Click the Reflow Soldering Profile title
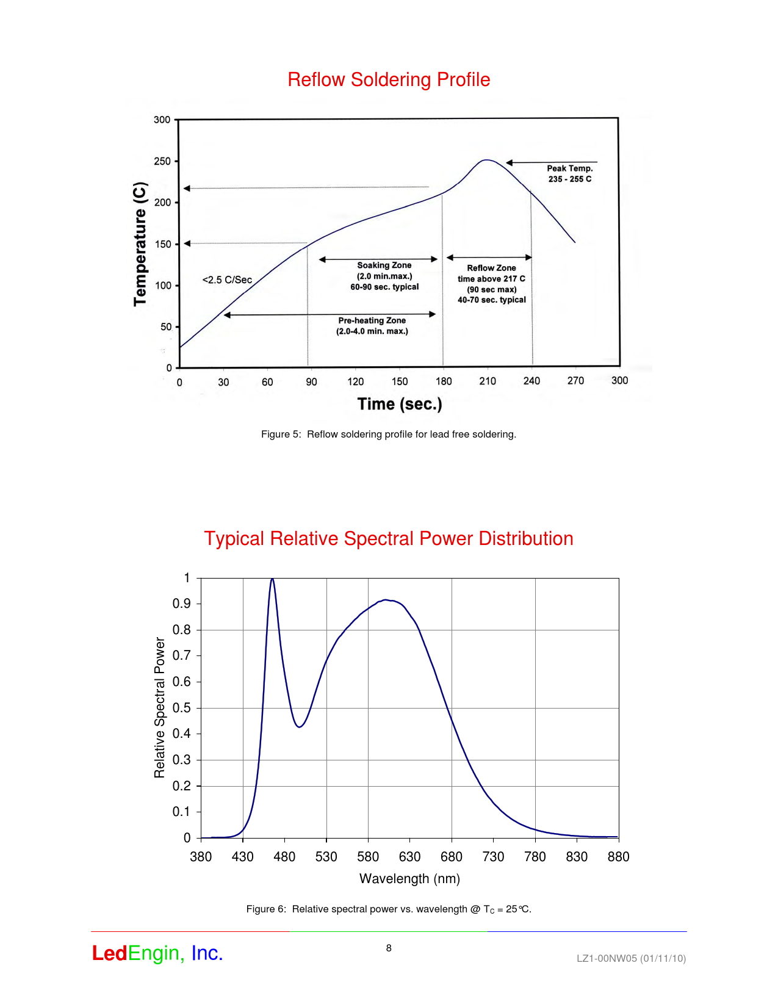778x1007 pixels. (x=389, y=80)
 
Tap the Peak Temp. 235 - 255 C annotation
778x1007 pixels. (x=569, y=173)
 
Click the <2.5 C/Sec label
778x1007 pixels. (x=227, y=280)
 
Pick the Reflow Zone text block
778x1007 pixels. (x=492, y=284)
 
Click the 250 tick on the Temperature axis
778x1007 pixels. (x=162, y=161)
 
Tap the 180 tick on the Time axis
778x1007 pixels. (x=444, y=381)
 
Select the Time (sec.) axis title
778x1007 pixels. (x=400, y=404)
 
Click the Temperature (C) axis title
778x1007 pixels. (x=140, y=244)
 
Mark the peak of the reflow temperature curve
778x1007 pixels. (x=486, y=161)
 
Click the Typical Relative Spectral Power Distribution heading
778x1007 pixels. (x=389, y=539)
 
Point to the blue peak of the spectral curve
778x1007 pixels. (x=272, y=579)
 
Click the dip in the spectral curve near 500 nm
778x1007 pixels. (x=300, y=726)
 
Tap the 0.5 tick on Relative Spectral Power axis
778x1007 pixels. (x=182, y=708)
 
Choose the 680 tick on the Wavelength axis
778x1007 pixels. (x=452, y=857)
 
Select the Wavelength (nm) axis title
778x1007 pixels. (x=409, y=879)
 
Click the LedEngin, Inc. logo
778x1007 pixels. (x=157, y=953)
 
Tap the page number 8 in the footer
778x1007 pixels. (x=389, y=948)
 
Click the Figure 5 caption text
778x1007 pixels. (x=389, y=435)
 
